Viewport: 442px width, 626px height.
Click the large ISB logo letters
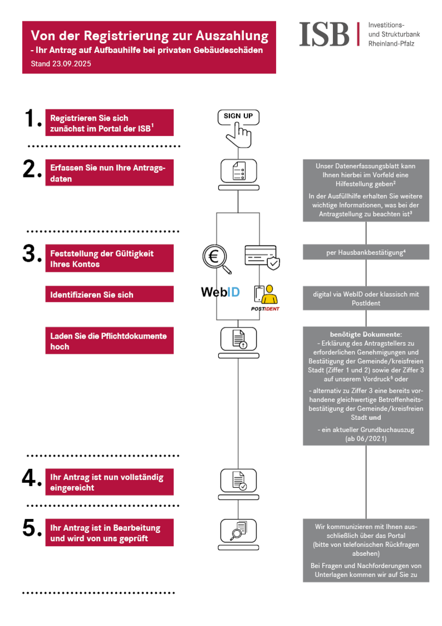click(x=325, y=35)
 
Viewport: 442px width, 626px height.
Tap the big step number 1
click(x=33, y=119)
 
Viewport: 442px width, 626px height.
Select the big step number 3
click(x=33, y=254)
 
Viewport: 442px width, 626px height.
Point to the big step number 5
click(x=33, y=528)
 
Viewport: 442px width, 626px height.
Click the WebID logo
click(x=220, y=292)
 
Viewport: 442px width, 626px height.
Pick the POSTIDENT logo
click(x=264, y=297)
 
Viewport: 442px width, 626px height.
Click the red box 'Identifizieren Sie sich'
click(x=109, y=295)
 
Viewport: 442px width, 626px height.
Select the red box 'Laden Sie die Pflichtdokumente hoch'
click(x=109, y=341)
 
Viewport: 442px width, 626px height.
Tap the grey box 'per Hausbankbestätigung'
click(x=366, y=252)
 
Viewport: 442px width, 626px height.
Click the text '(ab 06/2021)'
click(x=366, y=438)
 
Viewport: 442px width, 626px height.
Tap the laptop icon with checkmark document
click(x=238, y=480)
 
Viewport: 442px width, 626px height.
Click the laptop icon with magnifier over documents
click(x=238, y=531)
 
